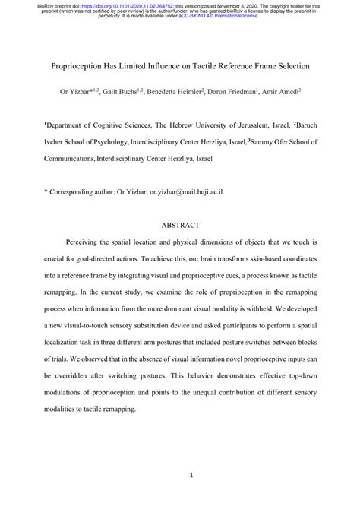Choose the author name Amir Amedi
285,92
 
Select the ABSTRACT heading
179,225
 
